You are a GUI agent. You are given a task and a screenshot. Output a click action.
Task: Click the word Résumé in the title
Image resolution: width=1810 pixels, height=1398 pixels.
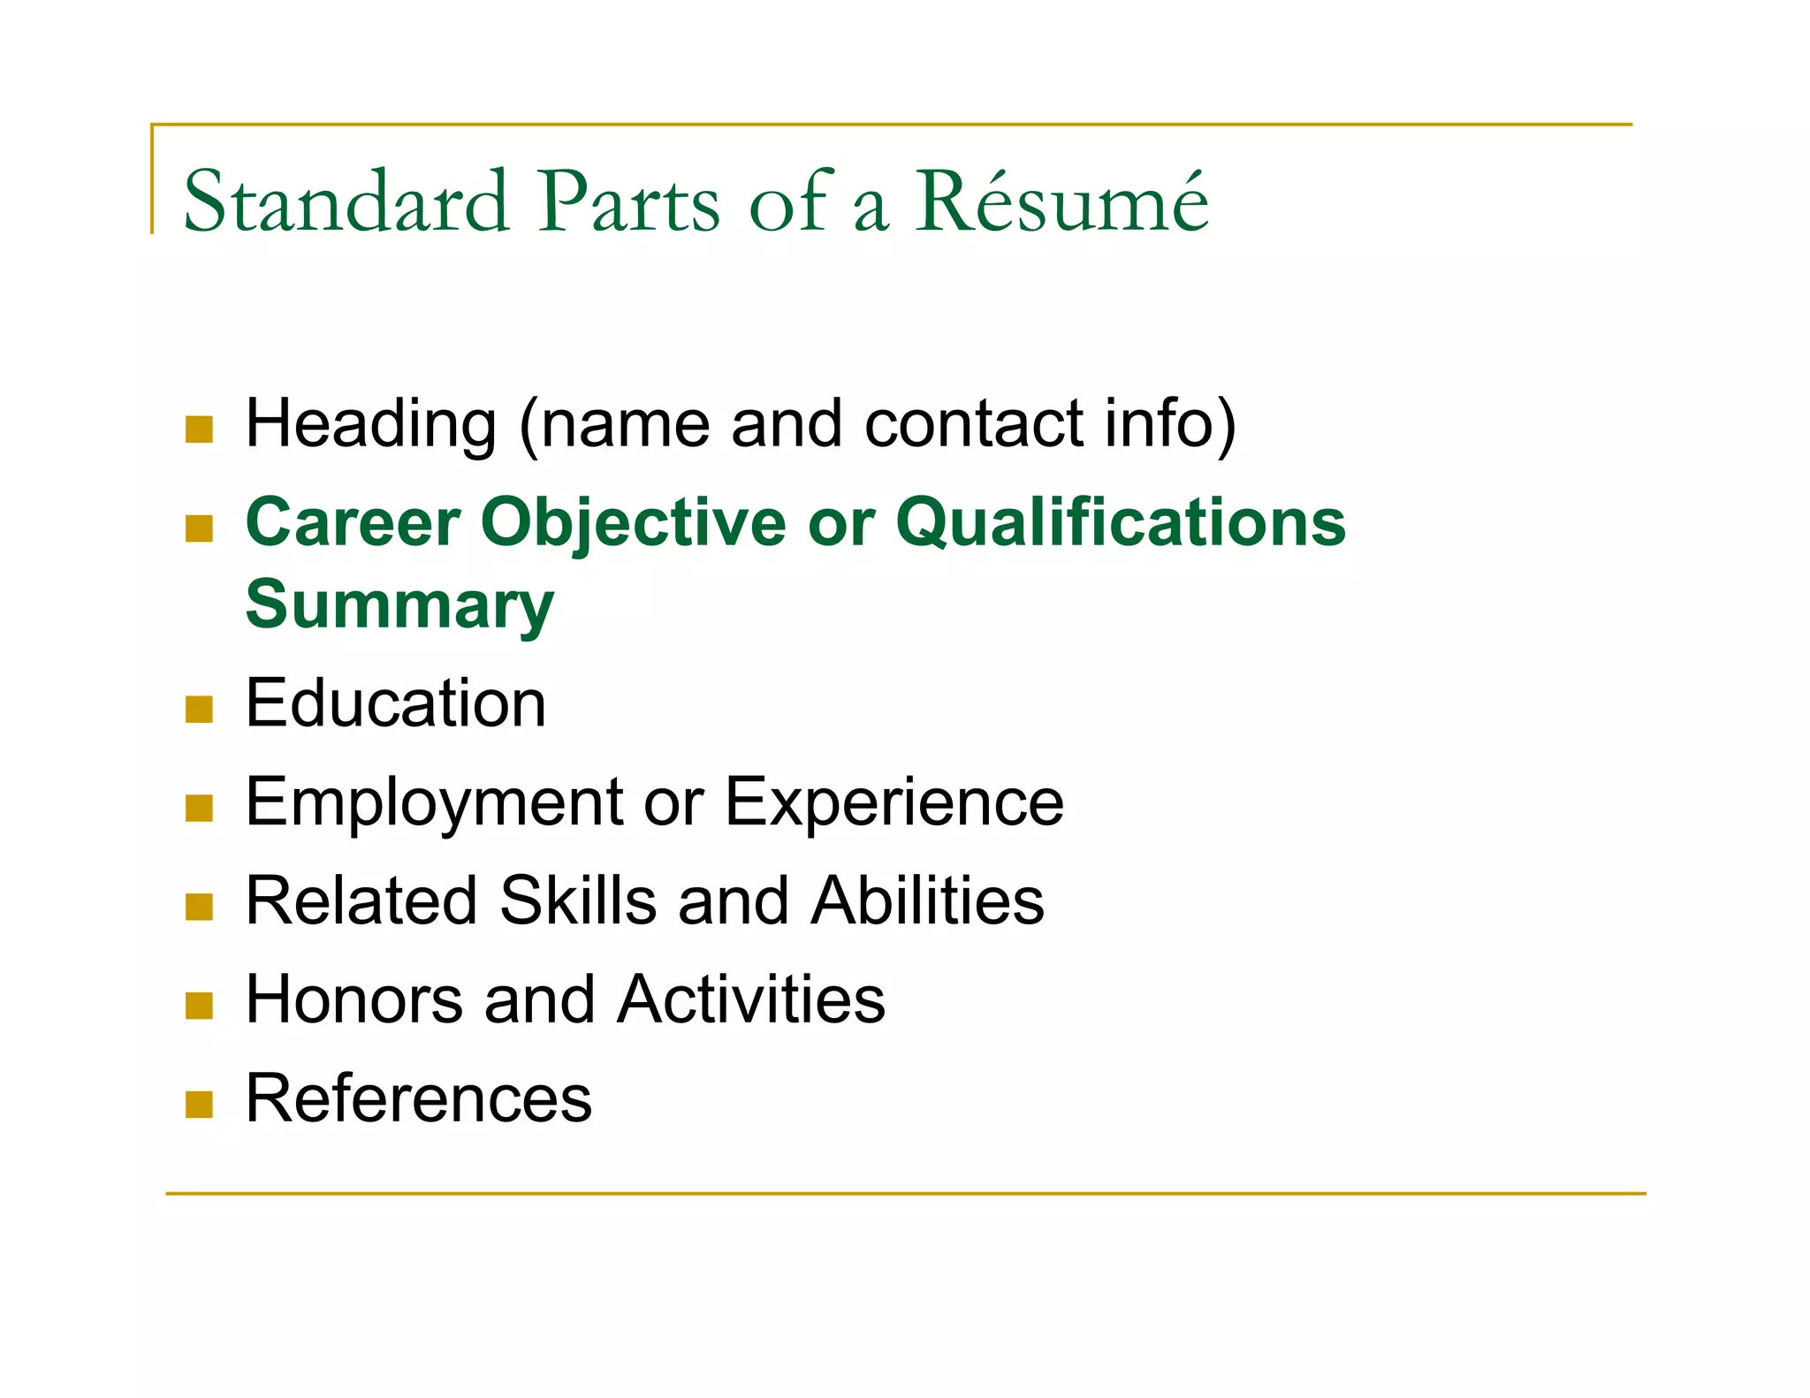coord(1061,201)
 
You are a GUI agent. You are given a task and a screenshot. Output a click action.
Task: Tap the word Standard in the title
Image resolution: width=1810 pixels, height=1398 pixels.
coord(346,201)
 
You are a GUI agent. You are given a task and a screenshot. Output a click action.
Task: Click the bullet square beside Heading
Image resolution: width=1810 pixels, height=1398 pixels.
coord(200,429)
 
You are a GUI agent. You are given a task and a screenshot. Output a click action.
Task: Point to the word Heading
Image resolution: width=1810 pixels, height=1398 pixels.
coord(370,424)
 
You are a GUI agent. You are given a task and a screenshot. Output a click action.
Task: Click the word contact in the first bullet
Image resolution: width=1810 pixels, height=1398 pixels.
coord(973,424)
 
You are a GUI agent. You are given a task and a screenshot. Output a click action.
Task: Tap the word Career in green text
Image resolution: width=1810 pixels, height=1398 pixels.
coord(353,522)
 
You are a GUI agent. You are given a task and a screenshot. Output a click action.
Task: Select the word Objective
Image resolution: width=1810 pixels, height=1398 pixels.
coord(633,522)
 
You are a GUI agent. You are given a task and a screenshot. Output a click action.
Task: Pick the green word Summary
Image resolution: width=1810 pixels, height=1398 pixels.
coord(399,605)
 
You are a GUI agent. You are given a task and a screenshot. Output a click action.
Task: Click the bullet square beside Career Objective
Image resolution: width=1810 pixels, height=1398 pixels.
coord(200,528)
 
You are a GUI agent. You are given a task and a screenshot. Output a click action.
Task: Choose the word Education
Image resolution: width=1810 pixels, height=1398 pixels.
coord(395,703)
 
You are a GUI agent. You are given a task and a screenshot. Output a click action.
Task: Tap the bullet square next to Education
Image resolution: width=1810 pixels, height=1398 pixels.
coord(200,710)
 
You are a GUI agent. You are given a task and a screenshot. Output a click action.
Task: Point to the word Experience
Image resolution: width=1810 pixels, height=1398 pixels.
coord(894,802)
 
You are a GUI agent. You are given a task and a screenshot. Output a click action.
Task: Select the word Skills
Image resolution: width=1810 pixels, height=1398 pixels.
coord(578,900)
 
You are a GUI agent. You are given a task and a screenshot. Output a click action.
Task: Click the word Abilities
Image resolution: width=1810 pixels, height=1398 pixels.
coord(927,900)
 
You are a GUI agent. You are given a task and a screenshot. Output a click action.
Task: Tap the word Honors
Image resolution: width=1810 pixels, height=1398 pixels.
coord(354,999)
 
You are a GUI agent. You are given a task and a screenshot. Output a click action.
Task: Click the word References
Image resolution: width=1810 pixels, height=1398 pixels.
coord(418,1098)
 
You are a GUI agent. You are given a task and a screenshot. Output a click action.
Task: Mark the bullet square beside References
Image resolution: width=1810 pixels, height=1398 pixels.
coord(200,1105)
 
